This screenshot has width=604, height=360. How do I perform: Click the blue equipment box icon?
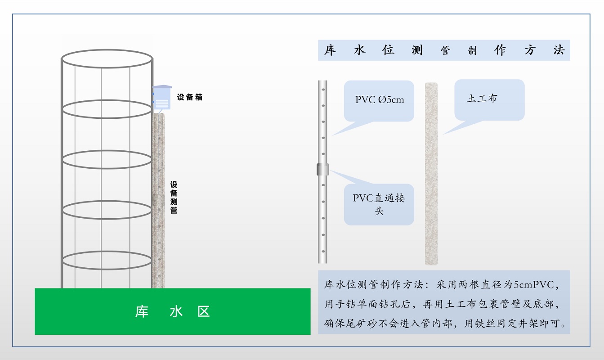click(162, 97)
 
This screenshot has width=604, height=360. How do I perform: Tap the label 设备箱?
click(189, 97)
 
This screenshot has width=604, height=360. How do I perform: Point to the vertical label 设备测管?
click(174, 198)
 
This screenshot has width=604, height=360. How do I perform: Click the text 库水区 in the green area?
click(172, 312)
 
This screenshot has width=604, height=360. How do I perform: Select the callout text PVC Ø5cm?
click(380, 99)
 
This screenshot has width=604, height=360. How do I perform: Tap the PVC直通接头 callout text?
click(379, 204)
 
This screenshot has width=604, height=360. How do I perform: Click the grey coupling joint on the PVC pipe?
click(322, 170)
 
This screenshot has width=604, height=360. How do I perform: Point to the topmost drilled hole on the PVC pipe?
click(323, 90)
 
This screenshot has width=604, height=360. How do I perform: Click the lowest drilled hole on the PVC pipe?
click(323, 252)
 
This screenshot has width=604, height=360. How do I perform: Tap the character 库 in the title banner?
click(330, 50)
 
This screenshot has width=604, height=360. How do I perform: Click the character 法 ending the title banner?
click(559, 50)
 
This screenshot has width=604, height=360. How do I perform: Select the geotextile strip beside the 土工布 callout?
click(431, 174)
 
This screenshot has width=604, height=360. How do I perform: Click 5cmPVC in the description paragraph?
click(534, 285)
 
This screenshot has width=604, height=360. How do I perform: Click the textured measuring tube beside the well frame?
click(158, 201)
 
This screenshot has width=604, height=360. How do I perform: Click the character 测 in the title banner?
click(417, 50)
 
